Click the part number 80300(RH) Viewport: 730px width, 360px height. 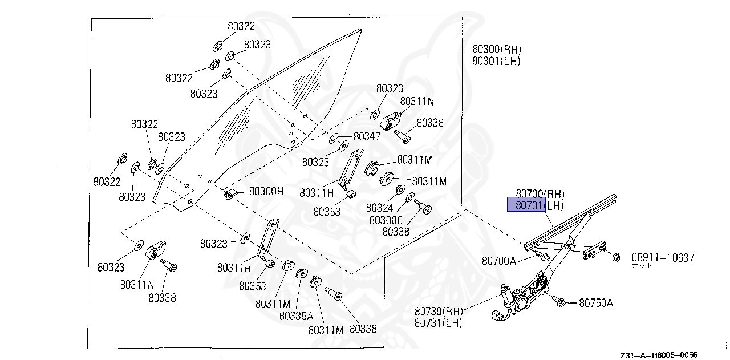pyautogui.click(x=496, y=50)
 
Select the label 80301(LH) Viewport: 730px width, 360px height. pyautogui.click(x=496, y=61)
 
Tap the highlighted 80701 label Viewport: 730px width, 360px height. pyautogui.click(x=526, y=205)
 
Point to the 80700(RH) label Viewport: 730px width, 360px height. pyautogui.click(x=540, y=193)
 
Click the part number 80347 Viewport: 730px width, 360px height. pyautogui.click(x=367, y=136)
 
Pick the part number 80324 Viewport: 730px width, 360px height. pyautogui.click(x=379, y=208)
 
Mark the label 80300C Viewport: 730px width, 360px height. pyautogui.click(x=386, y=220)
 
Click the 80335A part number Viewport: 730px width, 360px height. pyautogui.click(x=296, y=316)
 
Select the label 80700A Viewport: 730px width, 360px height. pyautogui.click(x=498, y=261)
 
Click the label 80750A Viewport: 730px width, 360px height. pyautogui.click(x=596, y=303)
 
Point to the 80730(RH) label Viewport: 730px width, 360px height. pyautogui.click(x=439, y=312)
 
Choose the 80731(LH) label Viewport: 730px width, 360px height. pyautogui.click(x=438, y=323)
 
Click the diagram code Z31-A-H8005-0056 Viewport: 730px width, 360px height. pyautogui.click(x=660, y=354)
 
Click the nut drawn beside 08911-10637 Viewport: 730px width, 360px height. pyautogui.click(x=617, y=258)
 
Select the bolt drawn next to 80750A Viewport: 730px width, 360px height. pyautogui.click(x=558, y=301)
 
